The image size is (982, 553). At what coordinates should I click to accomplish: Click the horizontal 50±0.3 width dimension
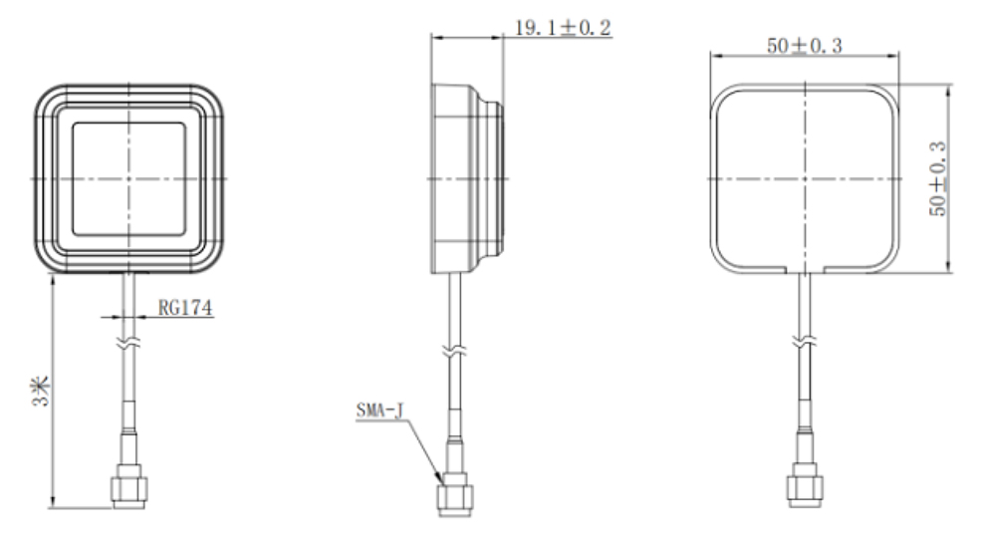[x=804, y=47]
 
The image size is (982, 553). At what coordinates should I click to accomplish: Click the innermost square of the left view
[x=127, y=177]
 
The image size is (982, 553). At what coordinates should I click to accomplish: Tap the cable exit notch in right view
[x=803, y=268]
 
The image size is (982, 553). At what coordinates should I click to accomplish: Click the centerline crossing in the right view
[x=803, y=177]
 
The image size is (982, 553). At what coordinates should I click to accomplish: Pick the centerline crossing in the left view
[x=127, y=177]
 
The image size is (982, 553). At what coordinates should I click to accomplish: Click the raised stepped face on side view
[x=495, y=177]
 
